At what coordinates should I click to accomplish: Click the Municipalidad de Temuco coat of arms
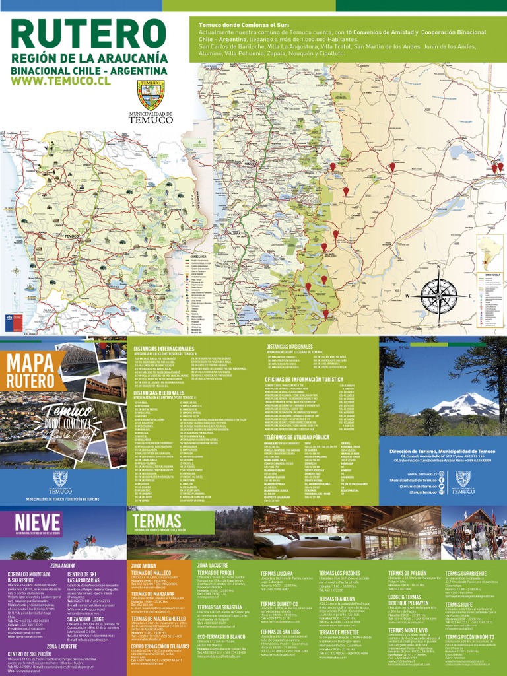151,95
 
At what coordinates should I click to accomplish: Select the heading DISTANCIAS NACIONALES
289,347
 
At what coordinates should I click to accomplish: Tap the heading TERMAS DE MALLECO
152,573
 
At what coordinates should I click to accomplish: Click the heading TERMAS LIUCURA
277,574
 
